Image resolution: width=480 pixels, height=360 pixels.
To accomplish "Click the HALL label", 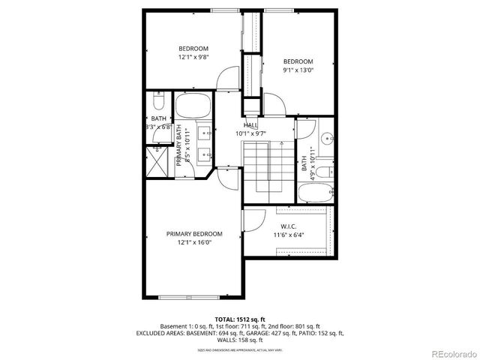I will coord(251,125).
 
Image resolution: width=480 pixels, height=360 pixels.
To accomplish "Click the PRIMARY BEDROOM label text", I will coord(194,234).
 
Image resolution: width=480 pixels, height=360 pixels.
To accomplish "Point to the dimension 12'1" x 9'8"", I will coord(193,57).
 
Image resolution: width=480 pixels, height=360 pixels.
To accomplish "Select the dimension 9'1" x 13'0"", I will coord(297,70).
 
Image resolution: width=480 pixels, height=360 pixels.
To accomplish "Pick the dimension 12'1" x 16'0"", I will coord(194,242).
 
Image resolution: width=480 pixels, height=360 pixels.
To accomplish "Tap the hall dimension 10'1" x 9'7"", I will coord(251,133).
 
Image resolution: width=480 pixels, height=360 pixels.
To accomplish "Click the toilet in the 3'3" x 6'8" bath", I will coord(157,101).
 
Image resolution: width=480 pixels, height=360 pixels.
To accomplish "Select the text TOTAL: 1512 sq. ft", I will coord(240,319).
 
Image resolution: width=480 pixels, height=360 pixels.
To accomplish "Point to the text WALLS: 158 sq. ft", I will coord(240,339).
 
